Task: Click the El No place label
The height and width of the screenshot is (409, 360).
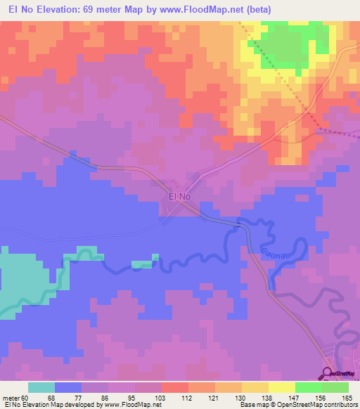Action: tap(180, 197)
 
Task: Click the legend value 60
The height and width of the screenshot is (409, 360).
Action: tap(26, 397)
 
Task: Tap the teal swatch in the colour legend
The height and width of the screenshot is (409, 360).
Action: tap(41, 387)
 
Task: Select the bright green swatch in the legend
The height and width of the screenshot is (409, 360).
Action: tap(309, 387)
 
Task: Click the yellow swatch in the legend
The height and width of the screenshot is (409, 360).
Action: tap(281, 387)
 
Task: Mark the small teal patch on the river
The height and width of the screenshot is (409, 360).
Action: tap(142, 264)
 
